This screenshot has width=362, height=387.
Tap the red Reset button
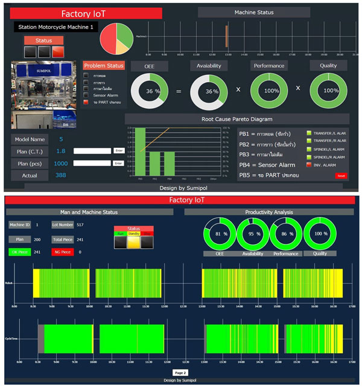click(x=341, y=176)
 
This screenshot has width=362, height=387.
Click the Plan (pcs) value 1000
click(x=61, y=163)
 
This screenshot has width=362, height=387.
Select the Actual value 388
click(x=61, y=175)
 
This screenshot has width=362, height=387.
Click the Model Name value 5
click(x=61, y=139)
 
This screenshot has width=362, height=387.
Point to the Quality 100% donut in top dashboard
click(x=330, y=91)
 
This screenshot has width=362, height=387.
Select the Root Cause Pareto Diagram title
click(x=237, y=119)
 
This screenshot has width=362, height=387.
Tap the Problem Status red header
click(x=104, y=65)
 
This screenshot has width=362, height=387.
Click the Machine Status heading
click(x=253, y=12)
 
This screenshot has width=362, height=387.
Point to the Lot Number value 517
click(x=80, y=225)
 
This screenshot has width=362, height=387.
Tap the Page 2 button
click(x=180, y=373)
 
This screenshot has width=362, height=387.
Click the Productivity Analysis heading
click(x=270, y=212)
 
